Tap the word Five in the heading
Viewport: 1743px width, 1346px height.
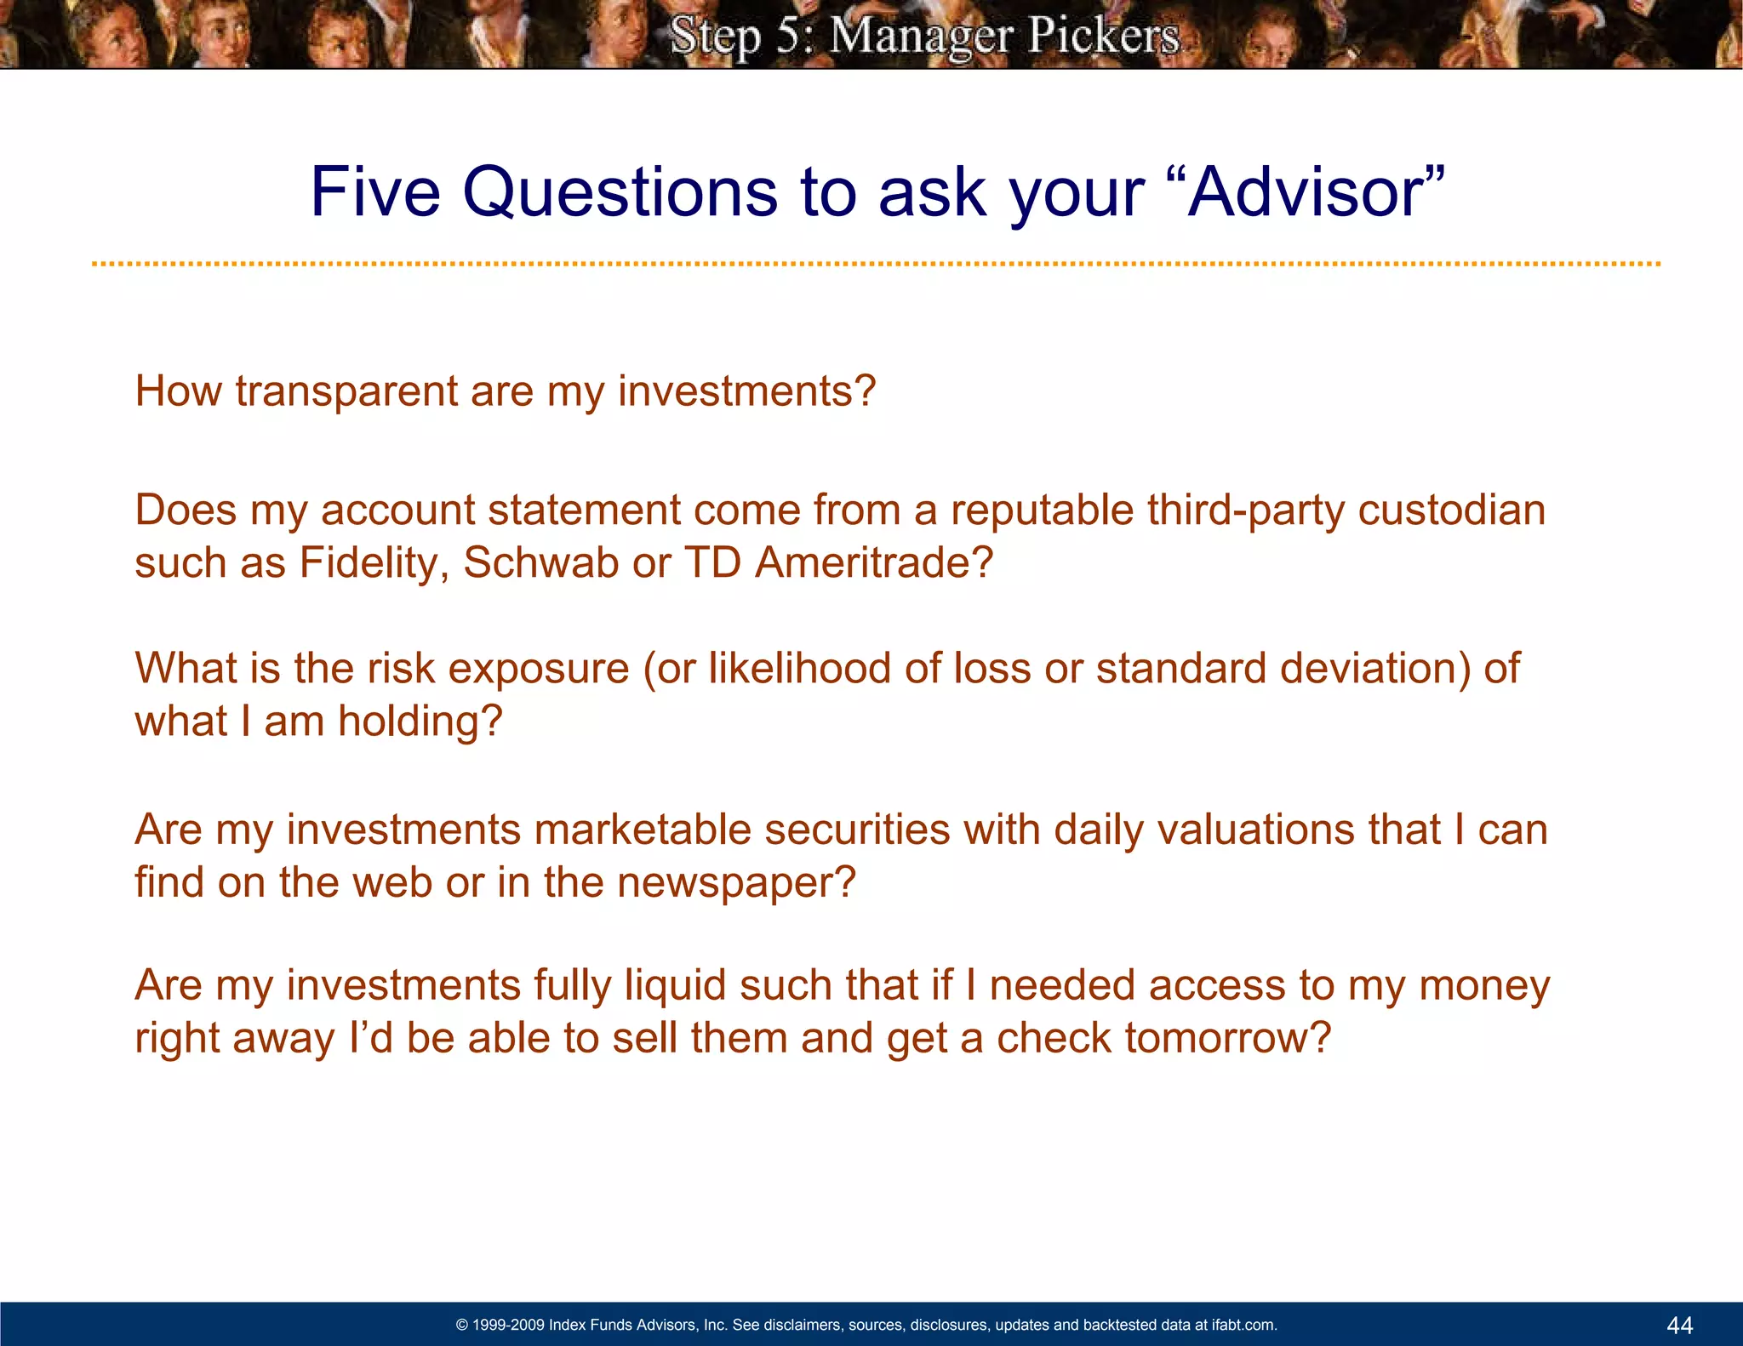[375, 192]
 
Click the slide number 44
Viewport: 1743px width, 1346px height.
[1679, 1325]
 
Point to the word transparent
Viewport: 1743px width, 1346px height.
[346, 392]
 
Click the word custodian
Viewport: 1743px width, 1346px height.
[1451, 510]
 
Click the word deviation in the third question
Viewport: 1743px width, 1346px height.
[1375, 669]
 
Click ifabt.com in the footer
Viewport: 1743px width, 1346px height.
[1243, 1325]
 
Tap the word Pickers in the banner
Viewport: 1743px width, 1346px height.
[1103, 36]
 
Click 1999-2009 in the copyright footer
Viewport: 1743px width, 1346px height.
[508, 1325]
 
